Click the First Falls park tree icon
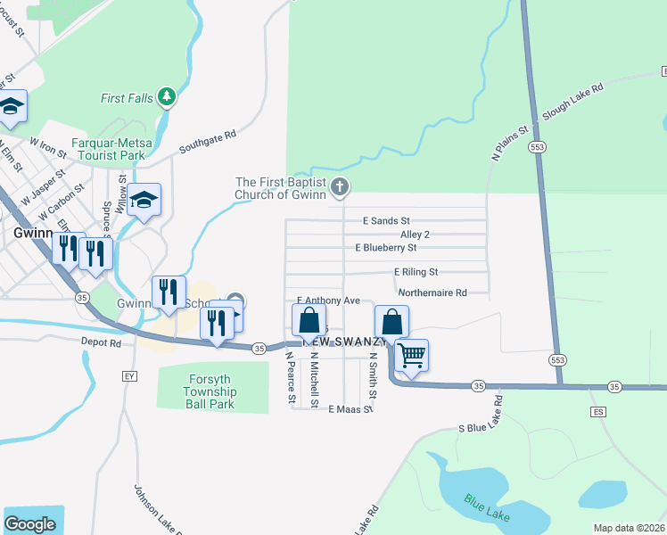[x=166, y=95]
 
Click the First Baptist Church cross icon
[x=338, y=186]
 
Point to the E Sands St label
[x=386, y=220]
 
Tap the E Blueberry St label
[x=385, y=247]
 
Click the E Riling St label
[x=416, y=272]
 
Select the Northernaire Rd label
[x=432, y=292]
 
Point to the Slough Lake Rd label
[x=572, y=103]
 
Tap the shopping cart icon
[x=411, y=355]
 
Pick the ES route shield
[x=597, y=412]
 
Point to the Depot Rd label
[x=103, y=342]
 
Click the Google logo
[x=29, y=524]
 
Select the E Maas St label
[x=349, y=409]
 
